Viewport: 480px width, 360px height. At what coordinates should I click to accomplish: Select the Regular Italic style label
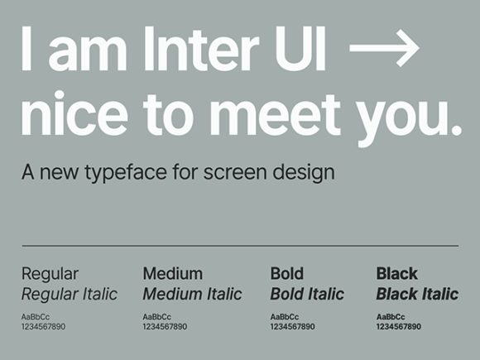pyautogui.click(x=70, y=294)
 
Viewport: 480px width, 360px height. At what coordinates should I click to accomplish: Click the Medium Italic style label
pyautogui.click(x=192, y=294)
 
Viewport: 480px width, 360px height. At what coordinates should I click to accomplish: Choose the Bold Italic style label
pyautogui.click(x=307, y=294)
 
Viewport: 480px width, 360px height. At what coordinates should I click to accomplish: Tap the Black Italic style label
pyautogui.click(x=417, y=294)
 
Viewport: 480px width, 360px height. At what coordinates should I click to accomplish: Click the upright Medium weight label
pyautogui.click(x=172, y=273)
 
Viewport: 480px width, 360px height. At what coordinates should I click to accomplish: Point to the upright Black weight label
pyautogui.click(x=396, y=273)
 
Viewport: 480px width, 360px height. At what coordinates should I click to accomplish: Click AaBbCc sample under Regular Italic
pyautogui.click(x=36, y=317)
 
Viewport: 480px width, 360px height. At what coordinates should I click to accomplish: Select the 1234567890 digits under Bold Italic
pyautogui.click(x=292, y=327)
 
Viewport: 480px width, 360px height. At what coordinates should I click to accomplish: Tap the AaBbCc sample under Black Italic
pyautogui.click(x=392, y=317)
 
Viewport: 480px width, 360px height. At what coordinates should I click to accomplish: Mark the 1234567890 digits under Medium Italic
pyautogui.click(x=165, y=327)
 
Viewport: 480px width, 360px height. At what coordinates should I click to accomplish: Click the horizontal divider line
pyautogui.click(x=240, y=246)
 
